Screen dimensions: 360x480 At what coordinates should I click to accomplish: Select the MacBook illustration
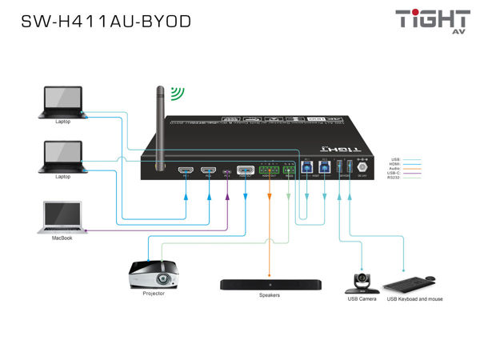62,217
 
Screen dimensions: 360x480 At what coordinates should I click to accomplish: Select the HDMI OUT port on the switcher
246,170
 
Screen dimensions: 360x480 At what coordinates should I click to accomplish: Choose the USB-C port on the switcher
227,171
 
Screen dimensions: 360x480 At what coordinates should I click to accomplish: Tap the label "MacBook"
63,238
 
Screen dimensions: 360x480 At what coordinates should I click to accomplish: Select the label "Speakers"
270,296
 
